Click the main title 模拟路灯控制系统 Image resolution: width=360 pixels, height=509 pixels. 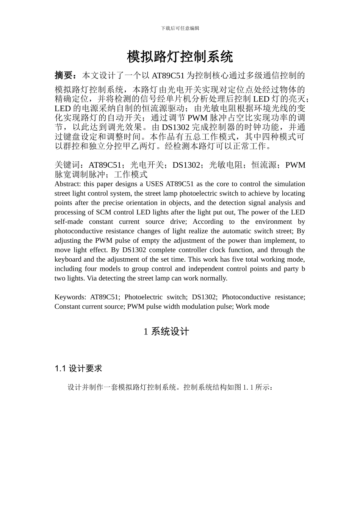click(180, 57)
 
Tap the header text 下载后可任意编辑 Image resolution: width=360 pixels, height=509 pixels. click(180, 28)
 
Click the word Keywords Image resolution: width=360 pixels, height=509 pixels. click(70, 297)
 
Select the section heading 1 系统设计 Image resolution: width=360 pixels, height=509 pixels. click(166, 332)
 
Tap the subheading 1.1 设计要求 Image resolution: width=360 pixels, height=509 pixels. click(78, 368)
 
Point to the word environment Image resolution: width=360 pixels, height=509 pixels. click(274, 222)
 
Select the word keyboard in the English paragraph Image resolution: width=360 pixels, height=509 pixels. click(68, 259)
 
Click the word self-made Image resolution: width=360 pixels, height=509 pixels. click(69, 222)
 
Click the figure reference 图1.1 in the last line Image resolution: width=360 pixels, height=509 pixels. click(245, 387)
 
